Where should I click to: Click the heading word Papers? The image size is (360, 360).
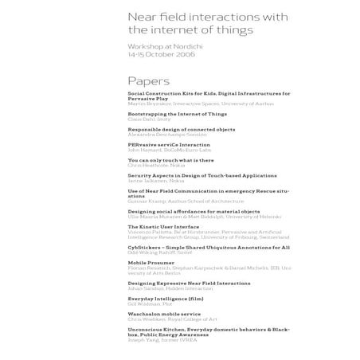[149, 80]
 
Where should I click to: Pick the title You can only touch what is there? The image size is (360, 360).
[170, 159]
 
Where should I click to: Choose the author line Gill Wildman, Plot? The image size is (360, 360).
[151, 303]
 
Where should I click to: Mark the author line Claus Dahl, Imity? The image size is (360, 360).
[148, 119]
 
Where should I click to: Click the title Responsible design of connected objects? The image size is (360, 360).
[181, 129]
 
